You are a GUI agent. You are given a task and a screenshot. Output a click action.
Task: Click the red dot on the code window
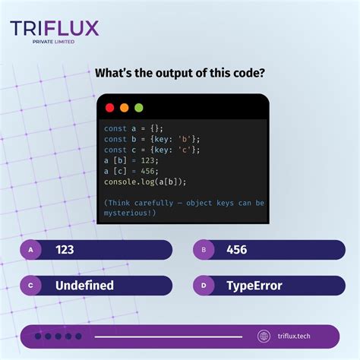[x=109, y=108]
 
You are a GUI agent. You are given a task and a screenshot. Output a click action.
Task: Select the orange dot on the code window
[x=124, y=108]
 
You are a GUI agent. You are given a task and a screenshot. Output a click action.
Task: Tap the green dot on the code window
[x=138, y=108]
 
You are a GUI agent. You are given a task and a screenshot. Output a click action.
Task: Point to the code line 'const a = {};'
[x=134, y=128]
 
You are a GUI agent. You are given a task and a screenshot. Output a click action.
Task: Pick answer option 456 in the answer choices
[x=235, y=249]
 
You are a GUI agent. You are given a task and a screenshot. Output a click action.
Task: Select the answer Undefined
[x=84, y=286]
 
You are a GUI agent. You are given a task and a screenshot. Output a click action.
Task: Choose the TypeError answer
[x=254, y=286]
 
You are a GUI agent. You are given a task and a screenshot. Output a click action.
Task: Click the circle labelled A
[x=31, y=249]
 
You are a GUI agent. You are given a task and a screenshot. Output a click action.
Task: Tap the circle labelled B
[x=204, y=249]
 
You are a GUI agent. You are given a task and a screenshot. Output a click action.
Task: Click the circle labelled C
[x=31, y=286]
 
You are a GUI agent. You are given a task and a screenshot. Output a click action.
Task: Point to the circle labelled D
[x=204, y=286]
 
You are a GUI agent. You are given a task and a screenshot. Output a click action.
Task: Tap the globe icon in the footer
[x=264, y=336]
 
